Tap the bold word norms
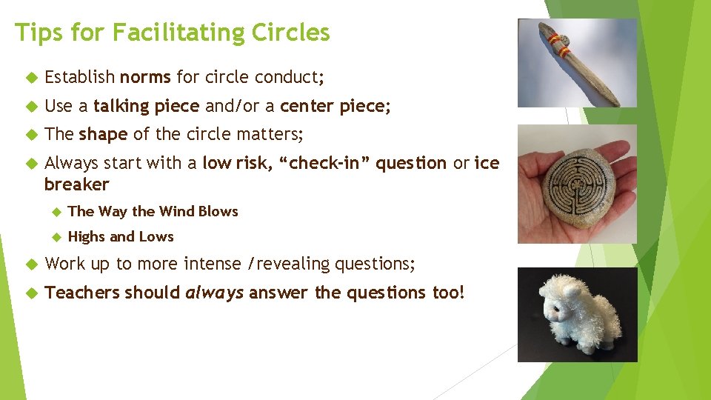pyautogui.click(x=145, y=77)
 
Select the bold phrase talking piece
pyautogui.click(x=146, y=106)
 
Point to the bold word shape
pyautogui.click(x=103, y=134)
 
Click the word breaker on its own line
pyautogui.click(x=76, y=184)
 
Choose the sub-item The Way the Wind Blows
pyautogui.click(x=153, y=211)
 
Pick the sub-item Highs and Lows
pyautogui.click(x=121, y=237)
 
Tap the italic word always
pyautogui.click(x=215, y=293)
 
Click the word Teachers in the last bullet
pyautogui.click(x=82, y=293)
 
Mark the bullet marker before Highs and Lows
pyautogui.click(x=55, y=237)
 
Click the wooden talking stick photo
pyautogui.click(x=576, y=64)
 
